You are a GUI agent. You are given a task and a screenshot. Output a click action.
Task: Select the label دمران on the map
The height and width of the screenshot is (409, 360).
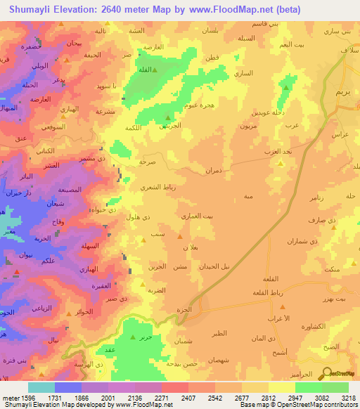[x=213, y=170]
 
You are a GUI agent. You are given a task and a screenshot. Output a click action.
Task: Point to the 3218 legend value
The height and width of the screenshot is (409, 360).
[x=347, y=398]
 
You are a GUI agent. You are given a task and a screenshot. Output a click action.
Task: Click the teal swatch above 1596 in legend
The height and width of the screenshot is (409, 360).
[x=41, y=387]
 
